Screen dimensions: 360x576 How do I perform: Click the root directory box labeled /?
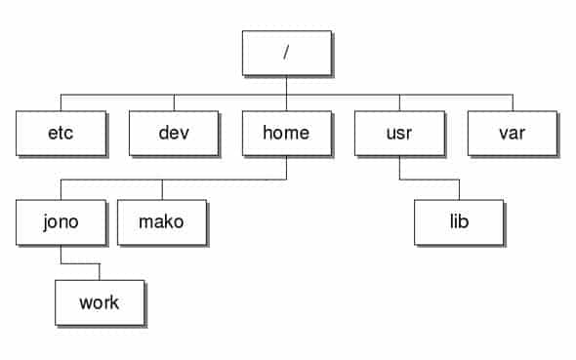(286, 53)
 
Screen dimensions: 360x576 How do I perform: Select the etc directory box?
(60, 133)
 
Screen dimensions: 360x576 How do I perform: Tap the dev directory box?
(173, 133)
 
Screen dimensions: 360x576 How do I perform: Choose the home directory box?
(286, 133)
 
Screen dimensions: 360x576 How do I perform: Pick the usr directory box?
(399, 133)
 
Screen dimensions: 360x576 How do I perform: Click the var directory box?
(512, 133)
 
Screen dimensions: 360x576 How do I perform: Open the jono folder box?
(60, 221)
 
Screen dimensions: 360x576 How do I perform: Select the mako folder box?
(161, 221)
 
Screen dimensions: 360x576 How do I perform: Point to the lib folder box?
(458, 221)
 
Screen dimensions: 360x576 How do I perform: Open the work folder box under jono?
(99, 301)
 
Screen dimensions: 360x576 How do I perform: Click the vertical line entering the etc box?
(61, 102)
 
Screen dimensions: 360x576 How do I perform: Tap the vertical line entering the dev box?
(174, 102)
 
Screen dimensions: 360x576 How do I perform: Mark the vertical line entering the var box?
(513, 102)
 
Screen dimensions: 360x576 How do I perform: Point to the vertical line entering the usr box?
(399, 102)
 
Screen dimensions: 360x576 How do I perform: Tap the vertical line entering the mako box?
(162, 189)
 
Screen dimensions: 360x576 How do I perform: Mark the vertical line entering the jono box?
(61, 189)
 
